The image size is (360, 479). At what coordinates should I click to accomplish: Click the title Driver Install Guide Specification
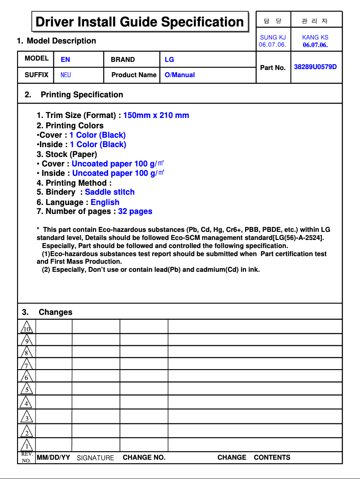coord(140,22)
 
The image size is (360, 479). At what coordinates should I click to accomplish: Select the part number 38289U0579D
coord(315,67)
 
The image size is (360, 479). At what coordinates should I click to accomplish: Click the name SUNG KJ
coord(273,38)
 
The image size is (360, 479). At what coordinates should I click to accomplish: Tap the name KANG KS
coord(315,38)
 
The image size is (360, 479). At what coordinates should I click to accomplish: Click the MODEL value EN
coord(66,59)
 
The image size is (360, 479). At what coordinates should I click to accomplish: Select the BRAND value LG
coord(169,59)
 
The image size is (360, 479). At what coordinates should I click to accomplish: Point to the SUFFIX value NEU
coord(66,75)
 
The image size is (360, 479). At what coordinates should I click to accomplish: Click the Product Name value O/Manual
coord(180,75)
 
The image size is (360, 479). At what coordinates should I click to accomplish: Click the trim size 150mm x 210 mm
coord(156,115)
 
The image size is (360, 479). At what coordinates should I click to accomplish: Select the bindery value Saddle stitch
coord(110,192)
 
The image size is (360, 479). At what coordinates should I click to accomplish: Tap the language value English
coord(105,202)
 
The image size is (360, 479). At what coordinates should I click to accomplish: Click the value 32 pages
coord(135,211)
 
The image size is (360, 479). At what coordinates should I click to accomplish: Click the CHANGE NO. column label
coord(144,457)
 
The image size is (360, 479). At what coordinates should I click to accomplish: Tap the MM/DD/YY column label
coord(53,457)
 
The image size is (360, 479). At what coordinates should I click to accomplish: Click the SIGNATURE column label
coord(95,458)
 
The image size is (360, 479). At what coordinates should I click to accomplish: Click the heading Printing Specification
coord(82,95)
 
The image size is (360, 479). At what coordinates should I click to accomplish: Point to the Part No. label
coord(273,68)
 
